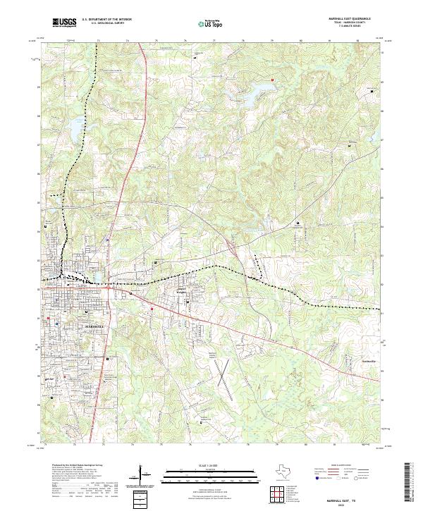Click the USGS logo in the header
(x=64, y=23)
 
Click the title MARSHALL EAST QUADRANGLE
(x=350, y=19)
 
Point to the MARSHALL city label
(x=78, y=326)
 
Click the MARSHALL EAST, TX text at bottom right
(x=350, y=498)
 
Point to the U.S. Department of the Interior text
(x=111, y=20)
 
